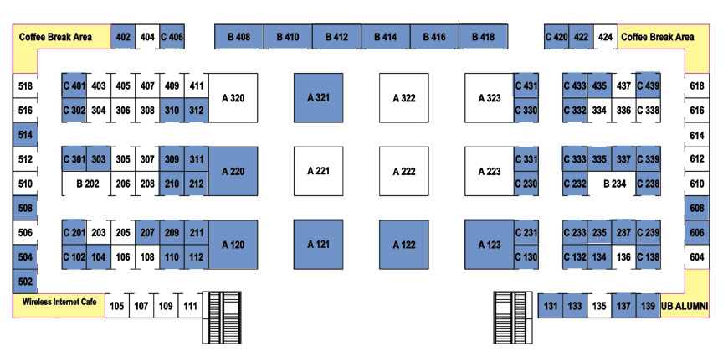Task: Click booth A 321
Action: (319, 98)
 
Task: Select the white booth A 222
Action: (404, 171)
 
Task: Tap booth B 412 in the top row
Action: (336, 37)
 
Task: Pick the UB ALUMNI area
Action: (685, 306)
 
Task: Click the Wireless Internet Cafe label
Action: (59, 302)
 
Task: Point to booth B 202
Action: (87, 184)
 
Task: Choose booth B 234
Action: (612, 184)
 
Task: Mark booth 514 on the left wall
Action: (25, 134)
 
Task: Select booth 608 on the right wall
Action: (697, 209)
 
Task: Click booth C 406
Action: (172, 37)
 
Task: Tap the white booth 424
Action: (605, 37)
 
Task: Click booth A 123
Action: (490, 245)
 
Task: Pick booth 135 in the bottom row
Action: (599, 306)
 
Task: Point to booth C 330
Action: (526, 111)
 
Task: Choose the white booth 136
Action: (623, 257)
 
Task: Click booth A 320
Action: (233, 98)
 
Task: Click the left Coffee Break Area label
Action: (55, 37)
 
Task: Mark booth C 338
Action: (648, 111)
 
